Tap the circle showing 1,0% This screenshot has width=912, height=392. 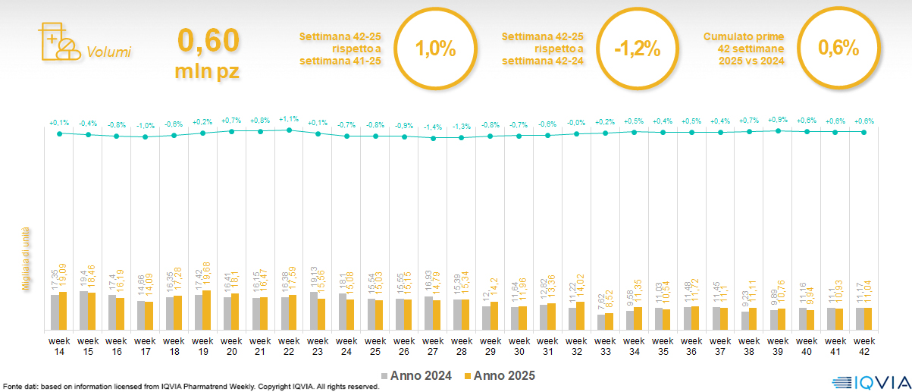click(x=435, y=50)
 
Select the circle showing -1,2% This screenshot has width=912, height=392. click(x=637, y=50)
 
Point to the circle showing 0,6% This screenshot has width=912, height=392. click(x=838, y=49)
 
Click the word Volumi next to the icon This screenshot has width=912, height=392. click(x=108, y=52)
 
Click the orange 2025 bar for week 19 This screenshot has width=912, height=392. click(x=207, y=310)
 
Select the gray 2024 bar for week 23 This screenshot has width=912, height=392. click(x=313, y=311)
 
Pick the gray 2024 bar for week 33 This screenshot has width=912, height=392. click(x=601, y=321)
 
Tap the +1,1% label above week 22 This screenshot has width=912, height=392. click(x=289, y=119)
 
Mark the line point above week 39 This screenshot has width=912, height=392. click(x=778, y=130)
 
